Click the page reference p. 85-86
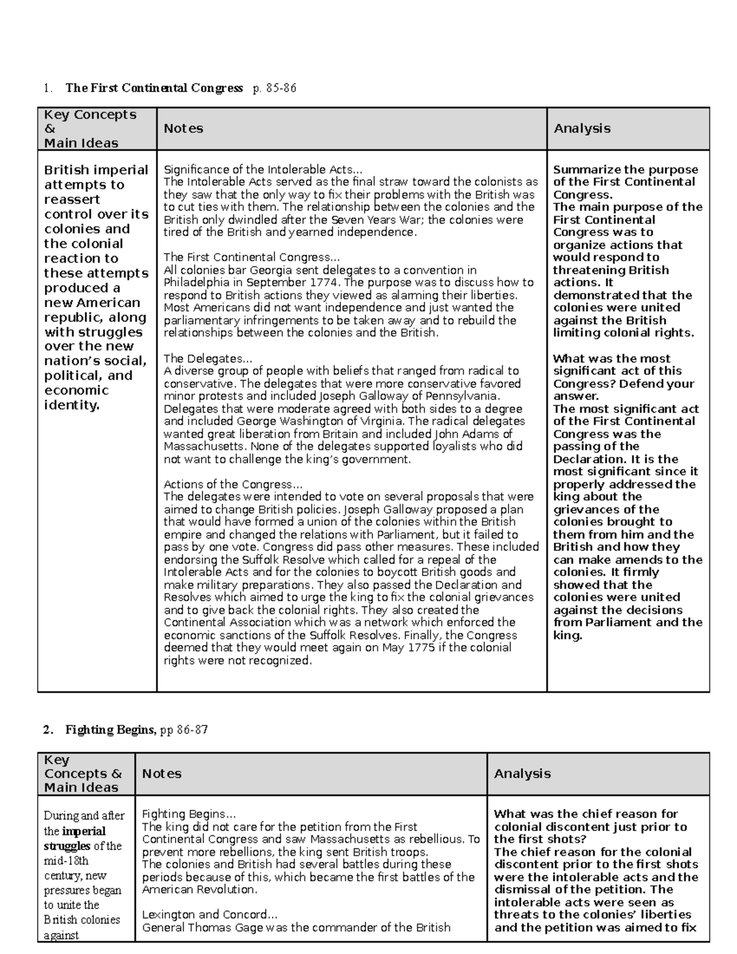tap(274, 88)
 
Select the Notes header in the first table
tap(183, 128)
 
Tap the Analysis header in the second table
tap(522, 773)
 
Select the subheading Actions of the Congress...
tap(233, 484)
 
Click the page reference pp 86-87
tap(184, 730)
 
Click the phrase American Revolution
tap(199, 889)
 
